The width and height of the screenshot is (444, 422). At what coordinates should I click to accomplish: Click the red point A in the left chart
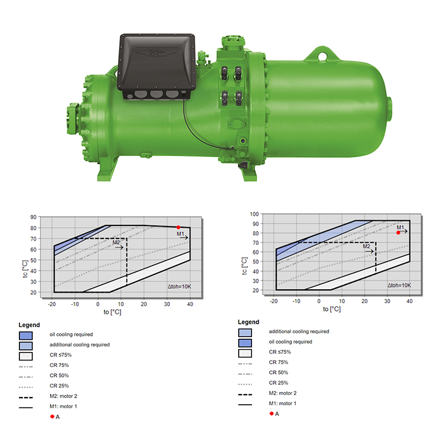point(178,227)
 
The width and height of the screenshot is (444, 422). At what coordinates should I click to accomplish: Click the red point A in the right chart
point(398,233)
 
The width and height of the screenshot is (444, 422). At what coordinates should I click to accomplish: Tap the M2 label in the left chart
point(116,243)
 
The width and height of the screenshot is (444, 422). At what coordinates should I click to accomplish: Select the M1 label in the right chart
point(400,228)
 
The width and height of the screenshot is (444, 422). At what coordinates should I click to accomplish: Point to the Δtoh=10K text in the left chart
point(179,287)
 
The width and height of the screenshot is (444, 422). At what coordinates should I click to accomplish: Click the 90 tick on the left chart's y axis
point(33,217)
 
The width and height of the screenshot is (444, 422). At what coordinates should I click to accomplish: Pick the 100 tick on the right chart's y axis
point(254,214)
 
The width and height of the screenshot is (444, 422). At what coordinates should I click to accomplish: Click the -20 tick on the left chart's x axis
point(52,304)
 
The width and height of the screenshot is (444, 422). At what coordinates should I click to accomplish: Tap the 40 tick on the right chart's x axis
point(410,301)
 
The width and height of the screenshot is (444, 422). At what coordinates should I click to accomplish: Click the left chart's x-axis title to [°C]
point(112,312)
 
